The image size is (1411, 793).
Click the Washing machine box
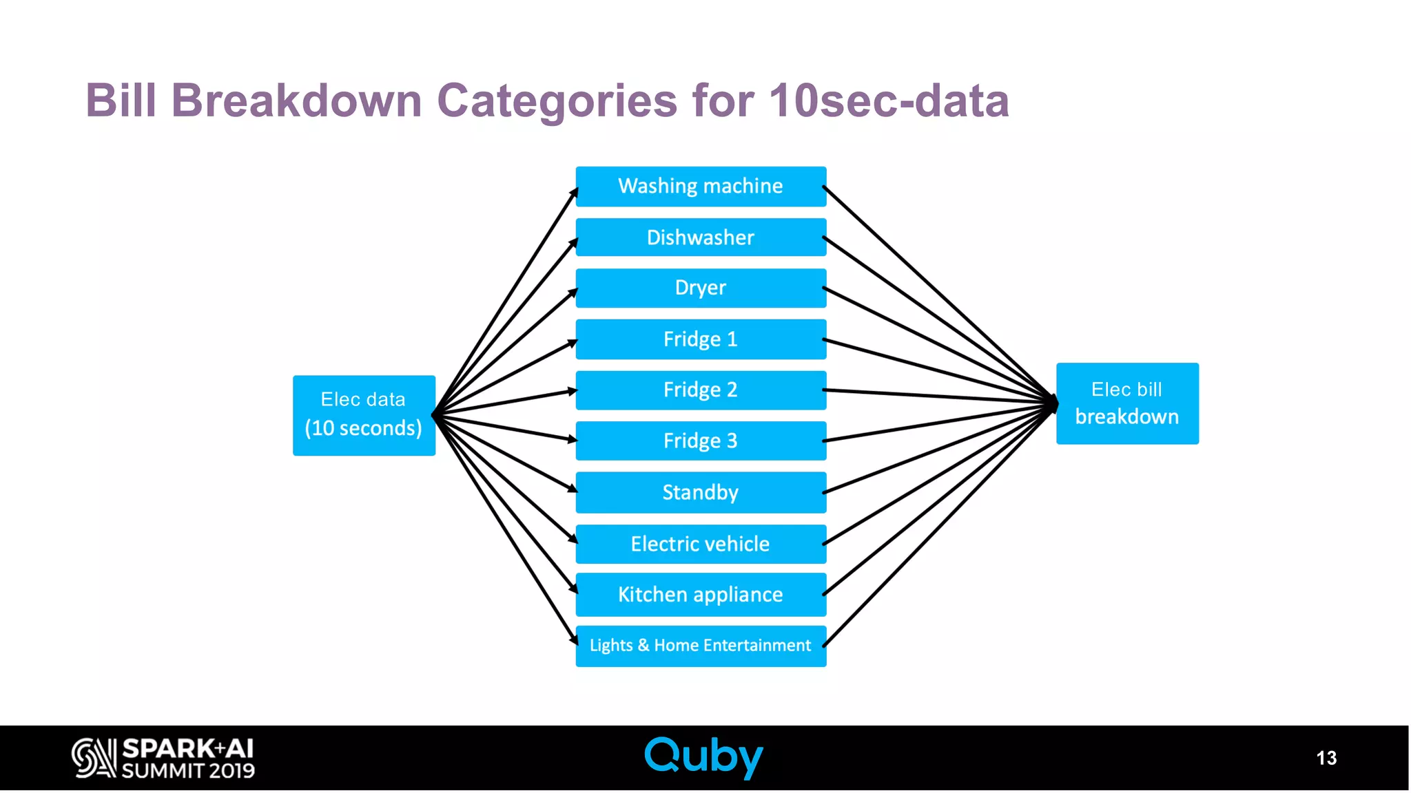(x=701, y=186)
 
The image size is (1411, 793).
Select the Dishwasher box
(x=701, y=237)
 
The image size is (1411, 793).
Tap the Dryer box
(x=701, y=288)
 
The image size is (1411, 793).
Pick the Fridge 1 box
(x=701, y=339)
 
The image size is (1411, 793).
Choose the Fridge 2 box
(x=701, y=390)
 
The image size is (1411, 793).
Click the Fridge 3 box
(x=701, y=441)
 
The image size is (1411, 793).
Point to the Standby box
(x=701, y=492)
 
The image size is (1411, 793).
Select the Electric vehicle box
(x=701, y=544)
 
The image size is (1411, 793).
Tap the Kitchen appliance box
(x=701, y=594)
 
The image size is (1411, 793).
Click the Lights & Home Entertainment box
(x=701, y=645)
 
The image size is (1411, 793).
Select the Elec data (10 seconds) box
(x=364, y=415)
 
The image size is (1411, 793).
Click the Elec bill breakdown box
(x=1127, y=403)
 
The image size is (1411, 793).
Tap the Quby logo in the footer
(x=703, y=757)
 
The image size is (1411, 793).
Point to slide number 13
(x=1326, y=758)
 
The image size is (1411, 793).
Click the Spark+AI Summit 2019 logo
(x=163, y=758)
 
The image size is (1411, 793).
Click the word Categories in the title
(x=557, y=101)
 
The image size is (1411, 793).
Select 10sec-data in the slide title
(x=889, y=101)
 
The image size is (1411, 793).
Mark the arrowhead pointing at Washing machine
(x=574, y=193)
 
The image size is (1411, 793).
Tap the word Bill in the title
(x=121, y=101)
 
